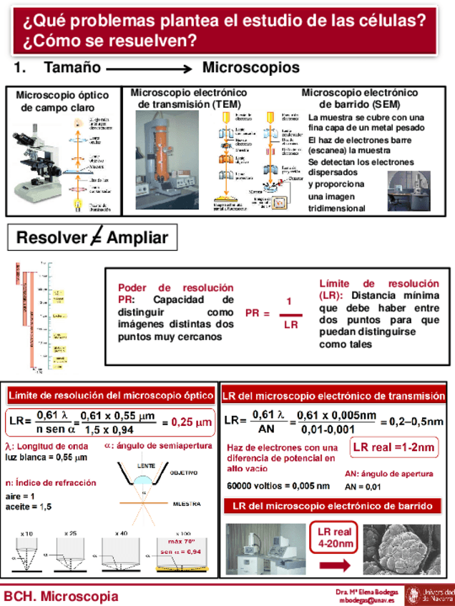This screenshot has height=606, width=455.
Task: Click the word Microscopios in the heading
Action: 250,69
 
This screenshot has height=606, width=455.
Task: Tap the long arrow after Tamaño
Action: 148,69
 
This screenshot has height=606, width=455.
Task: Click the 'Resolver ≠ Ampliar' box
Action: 92,239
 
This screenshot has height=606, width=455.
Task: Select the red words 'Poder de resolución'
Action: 175,287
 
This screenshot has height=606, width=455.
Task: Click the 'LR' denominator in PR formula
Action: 290,325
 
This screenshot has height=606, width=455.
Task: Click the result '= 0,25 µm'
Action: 187,422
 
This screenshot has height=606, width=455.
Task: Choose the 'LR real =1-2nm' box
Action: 393,448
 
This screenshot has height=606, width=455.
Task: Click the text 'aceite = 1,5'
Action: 29,506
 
